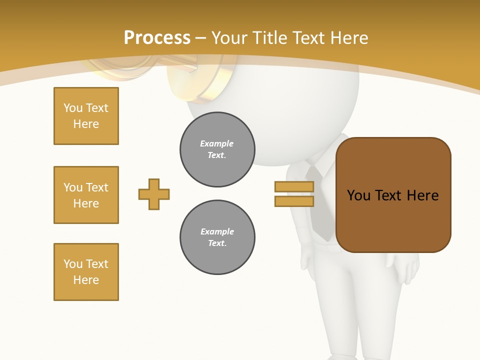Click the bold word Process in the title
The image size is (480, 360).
(157, 38)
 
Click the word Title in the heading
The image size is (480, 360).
(270, 38)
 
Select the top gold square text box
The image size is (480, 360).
(86, 116)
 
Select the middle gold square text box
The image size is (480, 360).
(86, 195)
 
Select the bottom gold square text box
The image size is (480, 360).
(86, 272)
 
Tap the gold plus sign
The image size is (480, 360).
(154, 194)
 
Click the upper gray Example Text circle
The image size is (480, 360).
(217, 149)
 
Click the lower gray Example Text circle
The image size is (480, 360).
(217, 237)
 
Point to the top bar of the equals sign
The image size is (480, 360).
(294, 186)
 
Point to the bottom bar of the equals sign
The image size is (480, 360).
(294, 201)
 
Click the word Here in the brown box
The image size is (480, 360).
(422, 195)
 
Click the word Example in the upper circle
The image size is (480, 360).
(217, 143)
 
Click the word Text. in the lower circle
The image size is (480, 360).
(217, 243)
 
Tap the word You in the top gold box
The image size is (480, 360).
(73, 108)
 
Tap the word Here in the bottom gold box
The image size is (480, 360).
(86, 280)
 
